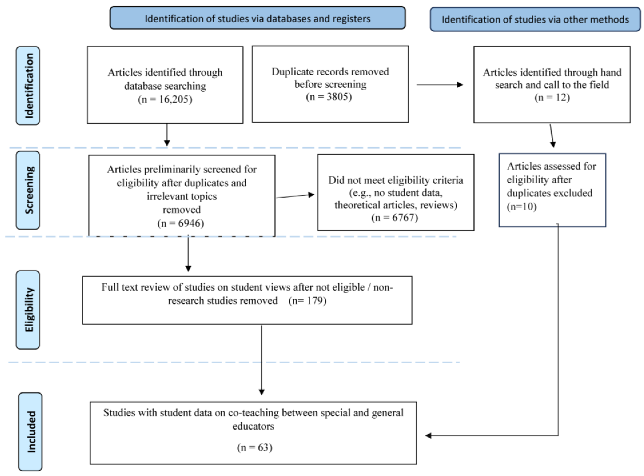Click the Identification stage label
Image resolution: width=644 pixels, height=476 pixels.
(28, 86)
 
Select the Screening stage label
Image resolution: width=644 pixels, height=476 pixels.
(28, 190)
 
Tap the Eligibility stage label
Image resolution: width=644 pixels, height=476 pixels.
(28, 310)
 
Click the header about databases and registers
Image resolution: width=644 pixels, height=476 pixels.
(257, 18)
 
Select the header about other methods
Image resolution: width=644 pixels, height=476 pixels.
(535, 19)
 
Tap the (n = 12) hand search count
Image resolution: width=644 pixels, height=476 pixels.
(552, 97)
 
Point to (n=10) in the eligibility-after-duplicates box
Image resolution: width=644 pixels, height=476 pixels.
(522, 207)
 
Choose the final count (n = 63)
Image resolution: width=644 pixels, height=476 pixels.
(255, 447)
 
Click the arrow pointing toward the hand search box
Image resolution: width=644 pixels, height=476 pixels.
(440, 85)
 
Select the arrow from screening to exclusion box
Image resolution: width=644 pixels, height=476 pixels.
(295, 196)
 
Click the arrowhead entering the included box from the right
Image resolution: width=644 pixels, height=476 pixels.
(428, 435)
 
